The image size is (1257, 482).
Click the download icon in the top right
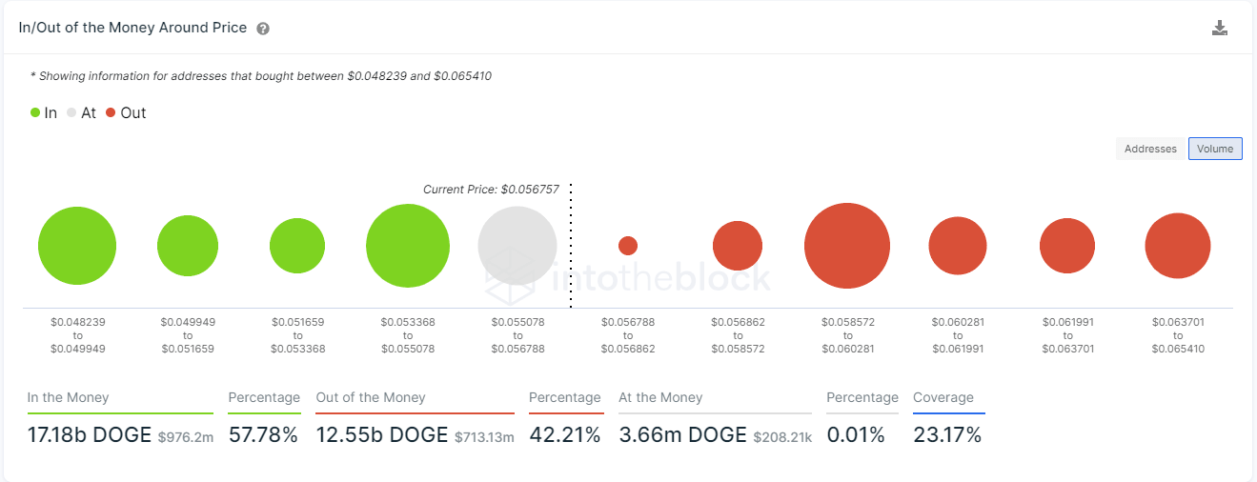pyautogui.click(x=1219, y=28)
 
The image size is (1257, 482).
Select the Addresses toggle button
pyautogui.click(x=1150, y=149)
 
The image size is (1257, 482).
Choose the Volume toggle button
pyautogui.click(x=1215, y=149)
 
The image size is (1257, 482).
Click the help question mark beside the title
pyautogui.click(x=263, y=29)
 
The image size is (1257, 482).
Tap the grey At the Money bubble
pyautogui.click(x=517, y=246)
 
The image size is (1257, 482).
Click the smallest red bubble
pyautogui.click(x=628, y=246)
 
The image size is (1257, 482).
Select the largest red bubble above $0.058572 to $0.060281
pyautogui.click(x=847, y=246)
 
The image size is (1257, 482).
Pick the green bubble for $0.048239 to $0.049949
pyautogui.click(x=77, y=246)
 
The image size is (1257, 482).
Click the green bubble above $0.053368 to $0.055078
pyautogui.click(x=408, y=246)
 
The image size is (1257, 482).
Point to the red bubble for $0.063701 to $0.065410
pyautogui.click(x=1178, y=246)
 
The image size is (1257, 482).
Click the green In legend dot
pyautogui.click(x=35, y=112)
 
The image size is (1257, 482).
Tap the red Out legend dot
pyautogui.click(x=111, y=112)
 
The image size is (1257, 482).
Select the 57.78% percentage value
pyautogui.click(x=263, y=435)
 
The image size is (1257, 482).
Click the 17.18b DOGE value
pyautogui.click(x=90, y=435)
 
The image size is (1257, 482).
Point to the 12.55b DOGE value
pyautogui.click(x=382, y=435)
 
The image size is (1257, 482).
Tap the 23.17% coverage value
pyautogui.click(x=947, y=435)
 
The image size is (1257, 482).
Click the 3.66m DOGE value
pyautogui.click(x=682, y=435)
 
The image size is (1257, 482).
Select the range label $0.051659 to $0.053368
pyautogui.click(x=297, y=335)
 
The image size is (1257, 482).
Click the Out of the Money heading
pyautogui.click(x=371, y=397)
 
